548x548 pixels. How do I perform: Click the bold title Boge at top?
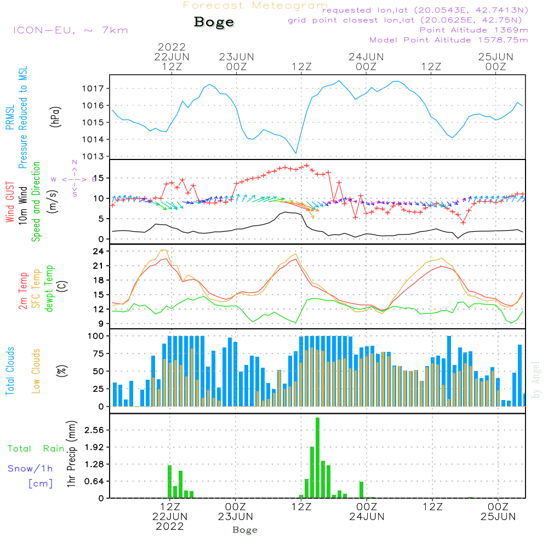214,22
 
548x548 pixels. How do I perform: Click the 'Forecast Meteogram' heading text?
255,5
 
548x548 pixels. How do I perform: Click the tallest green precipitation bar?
317,458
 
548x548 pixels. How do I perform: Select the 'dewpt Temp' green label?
50,289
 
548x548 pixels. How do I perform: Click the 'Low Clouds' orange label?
37,370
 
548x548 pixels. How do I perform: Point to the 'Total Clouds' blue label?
10,371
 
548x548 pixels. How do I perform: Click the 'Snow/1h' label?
30,469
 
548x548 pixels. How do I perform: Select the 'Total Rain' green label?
36,448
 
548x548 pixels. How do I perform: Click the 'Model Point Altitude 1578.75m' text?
449,40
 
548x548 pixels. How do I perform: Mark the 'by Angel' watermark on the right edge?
536,380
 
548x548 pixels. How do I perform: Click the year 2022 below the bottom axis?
170,527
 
